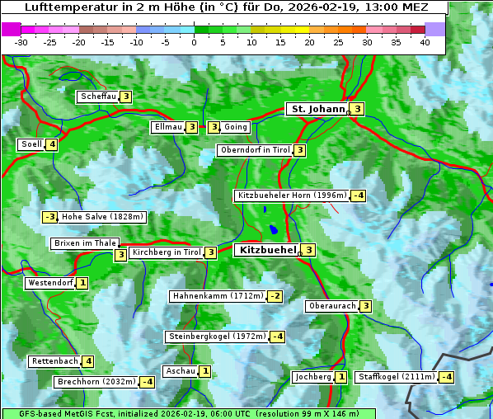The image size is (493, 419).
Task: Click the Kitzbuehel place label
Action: (x=266, y=250)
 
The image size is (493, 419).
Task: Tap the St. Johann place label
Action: (x=317, y=109)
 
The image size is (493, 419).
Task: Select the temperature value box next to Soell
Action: (x=52, y=144)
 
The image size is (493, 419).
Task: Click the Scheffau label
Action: (x=98, y=97)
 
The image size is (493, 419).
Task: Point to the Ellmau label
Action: (x=167, y=127)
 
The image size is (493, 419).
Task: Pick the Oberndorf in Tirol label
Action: (x=255, y=150)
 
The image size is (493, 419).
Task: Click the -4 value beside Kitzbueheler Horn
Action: (x=358, y=195)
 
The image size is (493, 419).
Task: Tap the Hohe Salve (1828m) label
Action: (x=103, y=217)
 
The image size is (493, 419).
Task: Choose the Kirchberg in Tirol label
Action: (x=166, y=252)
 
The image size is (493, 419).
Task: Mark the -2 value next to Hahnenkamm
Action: (x=275, y=296)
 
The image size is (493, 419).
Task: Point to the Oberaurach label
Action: (x=331, y=306)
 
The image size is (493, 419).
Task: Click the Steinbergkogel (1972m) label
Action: (x=217, y=337)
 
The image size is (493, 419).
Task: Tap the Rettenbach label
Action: (x=54, y=361)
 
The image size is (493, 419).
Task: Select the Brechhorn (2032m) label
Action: (x=96, y=382)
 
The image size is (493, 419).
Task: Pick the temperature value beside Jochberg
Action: (x=341, y=377)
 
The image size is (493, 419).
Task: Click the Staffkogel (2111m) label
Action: (x=395, y=377)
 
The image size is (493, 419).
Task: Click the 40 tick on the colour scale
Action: (x=425, y=42)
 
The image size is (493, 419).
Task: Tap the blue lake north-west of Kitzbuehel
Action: (x=272, y=229)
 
